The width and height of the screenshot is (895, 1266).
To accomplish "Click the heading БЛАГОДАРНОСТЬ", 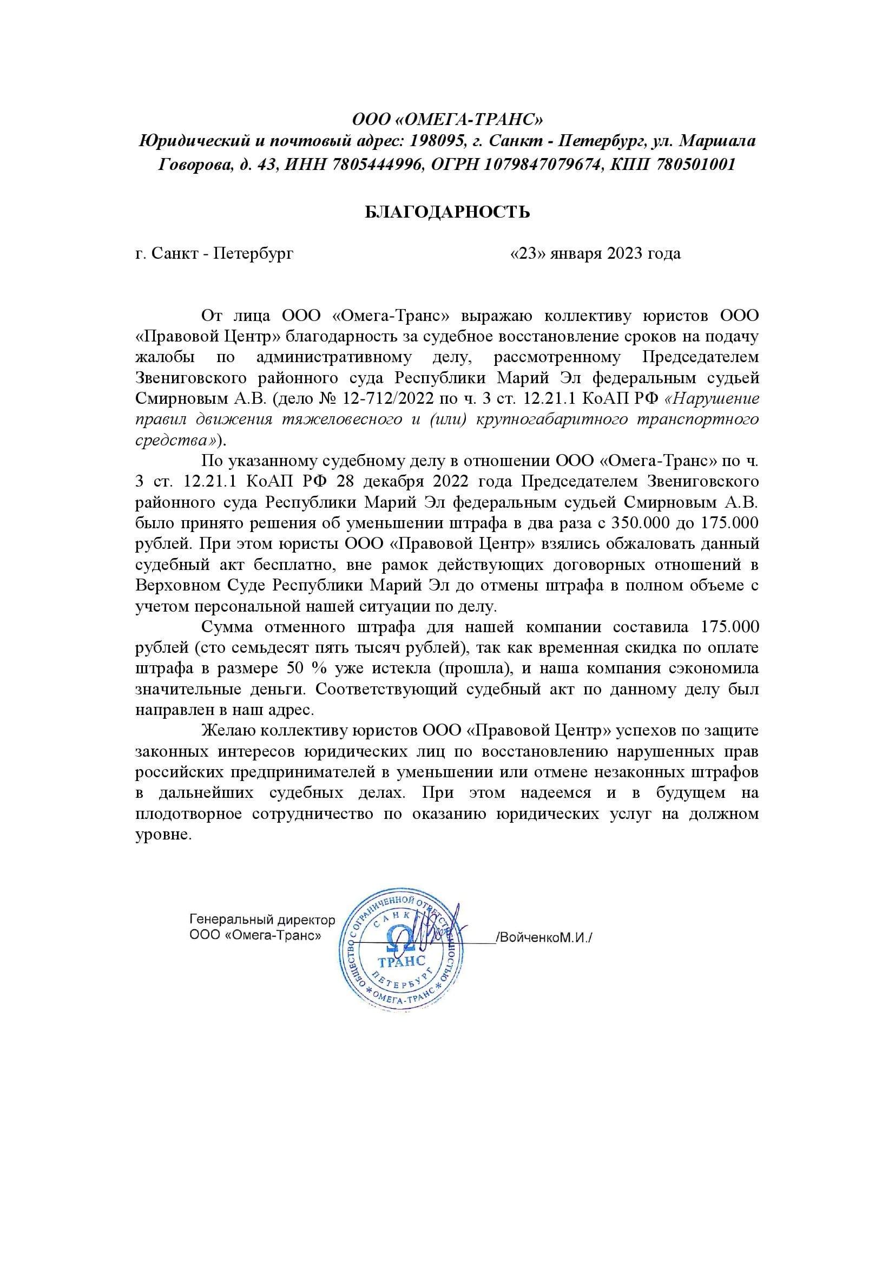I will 447,212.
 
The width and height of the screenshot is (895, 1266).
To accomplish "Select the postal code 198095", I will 436,142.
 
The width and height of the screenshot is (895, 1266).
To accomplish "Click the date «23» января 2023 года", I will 596,253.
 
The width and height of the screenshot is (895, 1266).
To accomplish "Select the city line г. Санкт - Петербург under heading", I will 214,253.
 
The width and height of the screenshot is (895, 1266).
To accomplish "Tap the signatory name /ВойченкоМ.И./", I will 544,937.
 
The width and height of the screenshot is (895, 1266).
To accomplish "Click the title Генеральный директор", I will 262,920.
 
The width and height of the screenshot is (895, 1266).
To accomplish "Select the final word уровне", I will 163,835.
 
